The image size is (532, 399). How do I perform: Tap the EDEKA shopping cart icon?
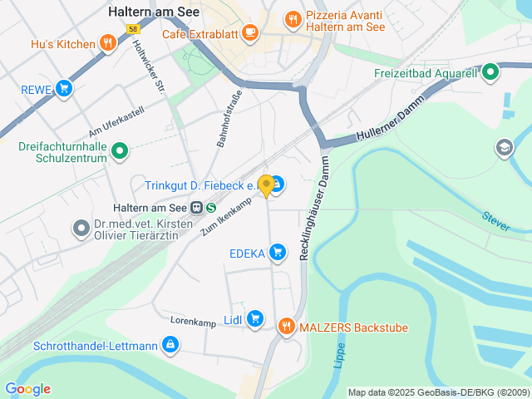[x=278, y=252]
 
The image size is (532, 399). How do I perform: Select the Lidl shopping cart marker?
[x=254, y=318]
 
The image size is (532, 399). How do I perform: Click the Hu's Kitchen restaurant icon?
[x=106, y=43]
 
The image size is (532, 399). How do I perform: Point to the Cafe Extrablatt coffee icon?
[x=250, y=34]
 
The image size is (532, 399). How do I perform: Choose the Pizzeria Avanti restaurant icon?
[x=293, y=18]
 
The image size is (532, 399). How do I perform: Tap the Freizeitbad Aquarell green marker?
[x=490, y=72]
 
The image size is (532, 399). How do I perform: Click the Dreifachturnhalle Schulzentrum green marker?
[x=121, y=151]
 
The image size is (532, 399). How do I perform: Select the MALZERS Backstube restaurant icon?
[x=286, y=327]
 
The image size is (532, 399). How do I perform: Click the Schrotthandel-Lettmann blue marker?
[x=170, y=344]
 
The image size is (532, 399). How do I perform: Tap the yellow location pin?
[x=266, y=185]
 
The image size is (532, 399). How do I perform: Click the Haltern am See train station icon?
[x=197, y=208]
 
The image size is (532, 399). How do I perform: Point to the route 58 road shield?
[x=132, y=28]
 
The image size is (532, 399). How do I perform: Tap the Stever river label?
[x=496, y=220]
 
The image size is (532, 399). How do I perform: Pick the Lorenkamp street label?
[x=193, y=320]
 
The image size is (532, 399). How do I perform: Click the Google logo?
[x=27, y=389]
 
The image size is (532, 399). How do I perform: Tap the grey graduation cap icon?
[x=504, y=148]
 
